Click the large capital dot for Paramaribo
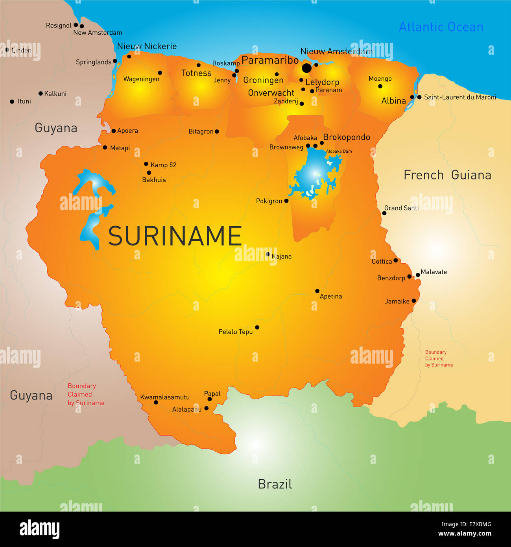point(306,68)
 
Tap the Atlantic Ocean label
point(441,27)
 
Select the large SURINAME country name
point(175,236)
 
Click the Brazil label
point(275,484)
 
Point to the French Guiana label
point(447,175)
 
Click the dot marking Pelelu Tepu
point(257,327)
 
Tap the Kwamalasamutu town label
point(165,397)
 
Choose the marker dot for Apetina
point(317,291)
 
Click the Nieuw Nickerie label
point(147,46)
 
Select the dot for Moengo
point(380,86)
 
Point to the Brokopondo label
point(347,137)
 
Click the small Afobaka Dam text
point(339,151)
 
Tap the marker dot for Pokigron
point(286,201)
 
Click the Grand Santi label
point(401,208)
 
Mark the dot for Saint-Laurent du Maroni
point(419,97)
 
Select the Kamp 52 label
point(163,165)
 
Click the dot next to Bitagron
point(217,131)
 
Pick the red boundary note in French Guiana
point(439,359)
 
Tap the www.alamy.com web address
point(465,534)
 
